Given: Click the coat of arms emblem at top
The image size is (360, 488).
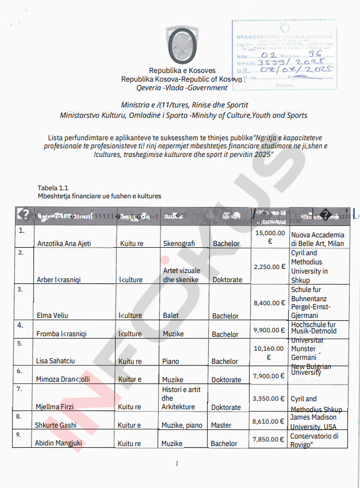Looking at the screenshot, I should pyautogui.click(x=182, y=45).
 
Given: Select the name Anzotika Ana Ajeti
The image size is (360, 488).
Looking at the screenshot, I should pyautogui.click(x=64, y=244).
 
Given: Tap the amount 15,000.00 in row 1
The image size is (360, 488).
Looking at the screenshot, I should pyautogui.click(x=270, y=237).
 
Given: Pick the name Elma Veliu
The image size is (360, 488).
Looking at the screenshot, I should pyautogui.click(x=53, y=316).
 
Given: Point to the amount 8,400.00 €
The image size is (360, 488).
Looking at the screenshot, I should pyautogui.click(x=270, y=303).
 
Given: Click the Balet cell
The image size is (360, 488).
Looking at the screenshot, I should pyautogui.click(x=171, y=316).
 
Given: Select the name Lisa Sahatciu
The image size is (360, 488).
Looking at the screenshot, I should pyautogui.click(x=56, y=362).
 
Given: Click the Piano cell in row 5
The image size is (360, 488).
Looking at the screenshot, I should pyautogui.click(x=171, y=362).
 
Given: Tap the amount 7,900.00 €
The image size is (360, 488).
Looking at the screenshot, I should pyautogui.click(x=270, y=376).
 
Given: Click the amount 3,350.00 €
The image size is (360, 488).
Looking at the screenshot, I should pyautogui.click(x=270, y=398).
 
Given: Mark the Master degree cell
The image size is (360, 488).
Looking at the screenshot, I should pyautogui.click(x=221, y=425).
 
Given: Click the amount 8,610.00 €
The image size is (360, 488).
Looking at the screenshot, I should pyautogui.click(x=270, y=422).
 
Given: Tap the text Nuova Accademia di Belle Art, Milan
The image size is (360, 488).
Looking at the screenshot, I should pyautogui.click(x=318, y=239).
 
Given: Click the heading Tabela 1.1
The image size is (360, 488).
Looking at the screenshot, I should pyautogui.click(x=53, y=188).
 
